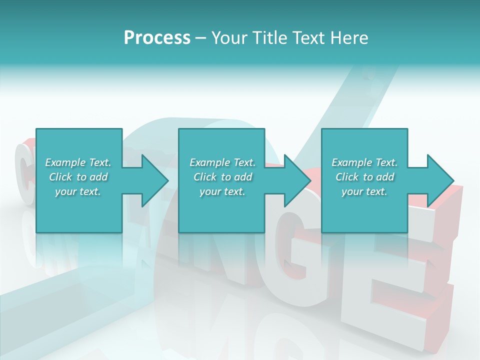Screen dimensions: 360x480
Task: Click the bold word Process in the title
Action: tap(157, 38)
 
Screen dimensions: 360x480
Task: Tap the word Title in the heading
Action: tap(268, 38)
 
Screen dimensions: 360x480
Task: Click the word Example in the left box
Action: tap(65, 162)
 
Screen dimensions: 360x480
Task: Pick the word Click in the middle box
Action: tap(204, 177)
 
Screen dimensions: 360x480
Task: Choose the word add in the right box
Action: tap(385, 177)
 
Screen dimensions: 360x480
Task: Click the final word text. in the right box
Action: tap(375, 191)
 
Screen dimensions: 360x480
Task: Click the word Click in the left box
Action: tap(60, 177)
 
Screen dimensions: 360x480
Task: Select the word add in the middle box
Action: tap(243, 177)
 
